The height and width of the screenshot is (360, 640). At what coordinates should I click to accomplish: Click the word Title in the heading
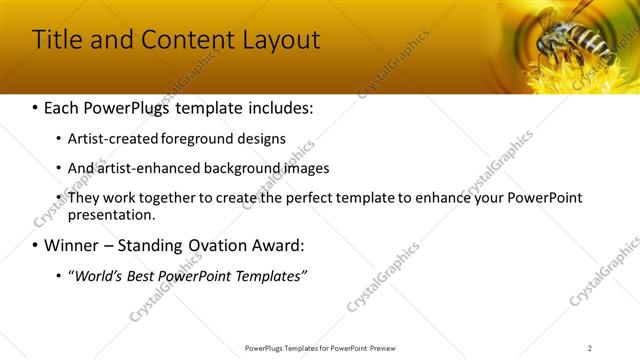59,40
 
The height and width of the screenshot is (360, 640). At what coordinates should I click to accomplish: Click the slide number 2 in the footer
590,348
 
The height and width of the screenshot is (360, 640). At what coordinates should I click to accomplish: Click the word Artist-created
108,139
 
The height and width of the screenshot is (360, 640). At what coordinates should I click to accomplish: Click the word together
163,197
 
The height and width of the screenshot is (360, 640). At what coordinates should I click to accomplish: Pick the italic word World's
96,275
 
